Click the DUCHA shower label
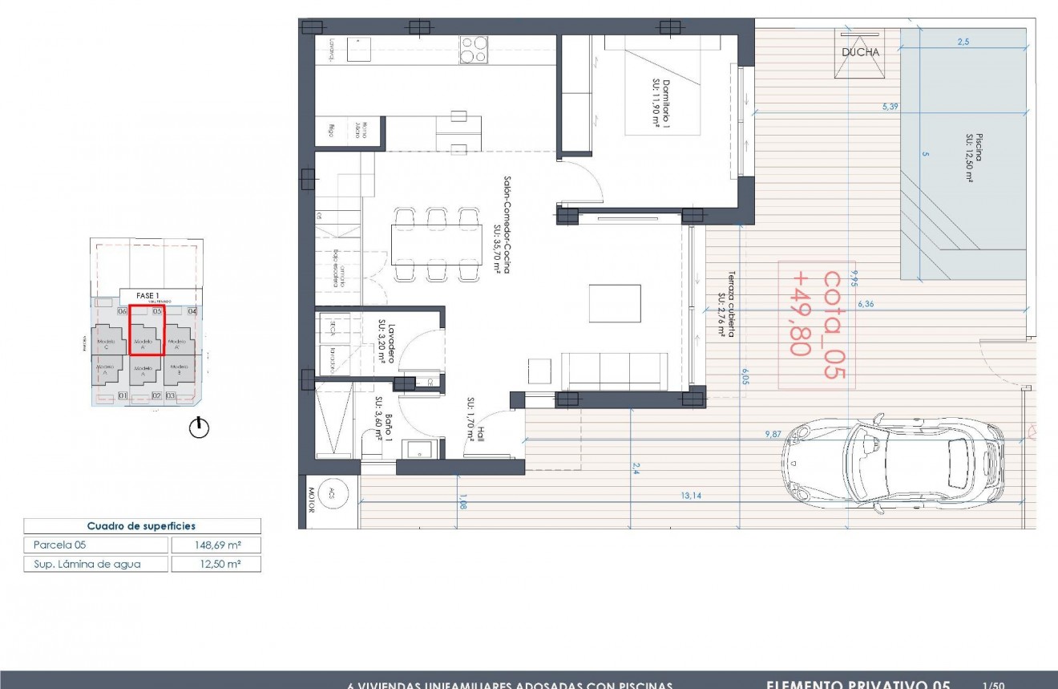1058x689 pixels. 860,52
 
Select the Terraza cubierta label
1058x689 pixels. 727,305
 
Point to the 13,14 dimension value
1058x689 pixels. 691,496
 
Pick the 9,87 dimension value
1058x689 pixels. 773,434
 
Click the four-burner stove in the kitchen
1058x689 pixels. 473,50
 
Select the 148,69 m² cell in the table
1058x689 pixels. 216,545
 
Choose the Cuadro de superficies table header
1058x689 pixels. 141,526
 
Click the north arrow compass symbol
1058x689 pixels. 199,428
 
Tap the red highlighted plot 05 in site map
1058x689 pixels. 147,330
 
